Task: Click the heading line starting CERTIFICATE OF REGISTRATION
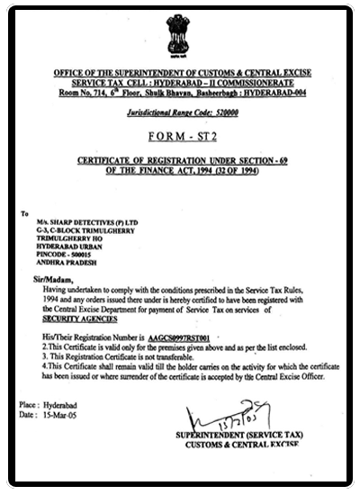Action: [x=180, y=160]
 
